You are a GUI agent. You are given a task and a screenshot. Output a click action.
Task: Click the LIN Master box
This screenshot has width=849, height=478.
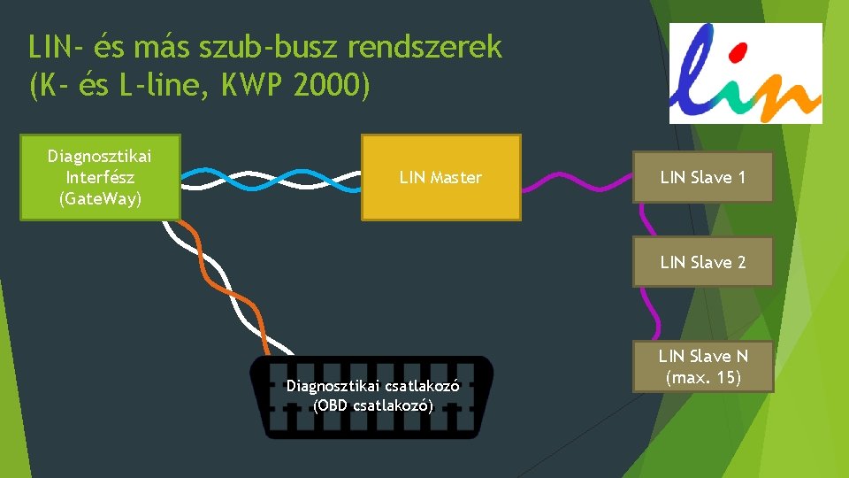[440, 177]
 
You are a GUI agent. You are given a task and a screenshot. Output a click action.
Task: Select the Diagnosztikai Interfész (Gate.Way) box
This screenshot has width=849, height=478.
[100, 176]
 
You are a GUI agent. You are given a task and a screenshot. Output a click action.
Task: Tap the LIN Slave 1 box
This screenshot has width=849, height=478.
[702, 177]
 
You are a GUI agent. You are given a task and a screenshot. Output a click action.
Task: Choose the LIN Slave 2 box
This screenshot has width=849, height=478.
[702, 262]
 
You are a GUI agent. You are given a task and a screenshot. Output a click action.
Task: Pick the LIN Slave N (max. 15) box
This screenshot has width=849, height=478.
[702, 366]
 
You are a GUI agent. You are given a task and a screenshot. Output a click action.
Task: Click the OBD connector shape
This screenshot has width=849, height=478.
[371, 397]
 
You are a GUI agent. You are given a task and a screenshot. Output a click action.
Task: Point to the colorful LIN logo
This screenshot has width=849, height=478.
[745, 73]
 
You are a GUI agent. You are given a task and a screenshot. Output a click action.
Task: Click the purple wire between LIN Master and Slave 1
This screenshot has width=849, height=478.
[575, 182]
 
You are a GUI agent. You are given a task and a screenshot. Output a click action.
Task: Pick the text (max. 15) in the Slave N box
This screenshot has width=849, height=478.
[702, 378]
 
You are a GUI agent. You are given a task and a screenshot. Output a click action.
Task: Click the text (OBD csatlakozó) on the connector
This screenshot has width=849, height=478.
[372, 406]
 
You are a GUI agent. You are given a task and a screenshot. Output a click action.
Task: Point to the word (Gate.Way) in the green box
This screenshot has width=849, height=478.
[100, 197]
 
